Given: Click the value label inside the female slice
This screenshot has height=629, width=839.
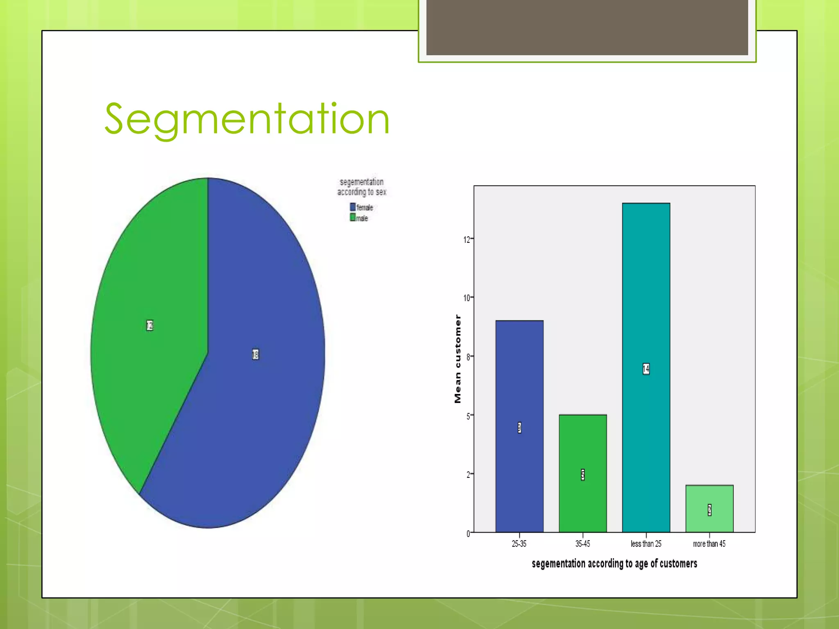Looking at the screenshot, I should (x=256, y=354).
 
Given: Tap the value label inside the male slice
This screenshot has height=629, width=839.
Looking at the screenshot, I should (x=150, y=325).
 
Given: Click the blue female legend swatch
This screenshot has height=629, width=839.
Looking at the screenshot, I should (x=353, y=207).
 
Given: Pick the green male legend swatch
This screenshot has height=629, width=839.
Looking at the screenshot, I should (x=353, y=217).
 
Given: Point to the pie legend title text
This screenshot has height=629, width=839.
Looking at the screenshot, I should (x=362, y=187).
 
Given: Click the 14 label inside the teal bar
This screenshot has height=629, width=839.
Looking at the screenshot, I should (x=646, y=369).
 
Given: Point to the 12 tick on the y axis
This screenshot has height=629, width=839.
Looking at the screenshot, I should (x=467, y=240).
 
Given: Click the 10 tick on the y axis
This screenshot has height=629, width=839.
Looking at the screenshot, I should (x=467, y=298).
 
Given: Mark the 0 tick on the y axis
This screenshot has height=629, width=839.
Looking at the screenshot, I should (x=468, y=534).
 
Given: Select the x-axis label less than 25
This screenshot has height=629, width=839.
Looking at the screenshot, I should (x=646, y=544).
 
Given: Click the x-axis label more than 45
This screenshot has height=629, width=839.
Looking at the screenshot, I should (x=709, y=544).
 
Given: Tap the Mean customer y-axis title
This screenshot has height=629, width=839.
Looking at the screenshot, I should (x=458, y=359).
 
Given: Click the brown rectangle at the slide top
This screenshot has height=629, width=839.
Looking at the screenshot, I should (x=587, y=27).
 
